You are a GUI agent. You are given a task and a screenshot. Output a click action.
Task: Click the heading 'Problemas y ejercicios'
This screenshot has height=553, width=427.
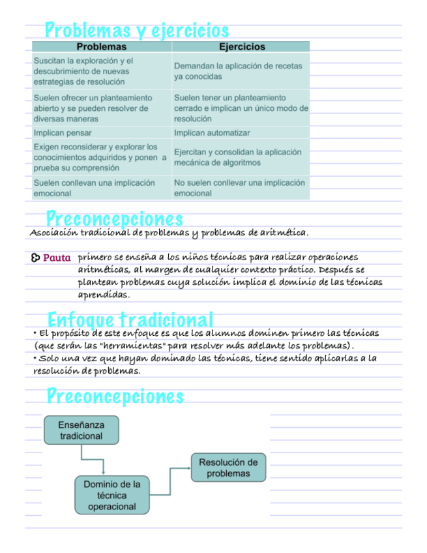click(x=137, y=30)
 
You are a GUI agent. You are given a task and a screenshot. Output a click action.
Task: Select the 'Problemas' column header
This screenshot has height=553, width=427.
click(x=102, y=47)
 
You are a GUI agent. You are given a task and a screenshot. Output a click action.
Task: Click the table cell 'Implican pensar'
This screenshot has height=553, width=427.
click(x=63, y=133)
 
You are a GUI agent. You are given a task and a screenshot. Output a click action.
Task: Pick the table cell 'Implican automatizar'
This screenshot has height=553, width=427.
click(x=212, y=133)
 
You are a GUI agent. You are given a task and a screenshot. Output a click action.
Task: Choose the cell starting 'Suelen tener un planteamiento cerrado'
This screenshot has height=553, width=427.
click(x=241, y=108)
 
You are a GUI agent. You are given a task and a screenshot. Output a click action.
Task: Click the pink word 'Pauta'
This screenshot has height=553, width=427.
click(x=57, y=258)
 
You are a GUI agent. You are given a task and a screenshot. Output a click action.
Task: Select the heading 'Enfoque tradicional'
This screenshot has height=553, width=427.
click(x=130, y=320)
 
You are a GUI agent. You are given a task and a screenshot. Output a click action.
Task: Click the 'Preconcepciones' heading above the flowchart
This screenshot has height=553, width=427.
click(x=115, y=396)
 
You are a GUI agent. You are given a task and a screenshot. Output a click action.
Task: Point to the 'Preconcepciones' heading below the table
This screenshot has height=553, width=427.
click(x=114, y=218)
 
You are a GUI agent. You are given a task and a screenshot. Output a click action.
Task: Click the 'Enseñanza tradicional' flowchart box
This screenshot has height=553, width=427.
click(x=81, y=430)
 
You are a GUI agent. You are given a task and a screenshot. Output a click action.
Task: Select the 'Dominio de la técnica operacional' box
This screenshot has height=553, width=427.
click(x=111, y=495)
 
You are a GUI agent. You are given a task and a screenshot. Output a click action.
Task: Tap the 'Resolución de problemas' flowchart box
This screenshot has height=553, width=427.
click(x=228, y=468)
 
